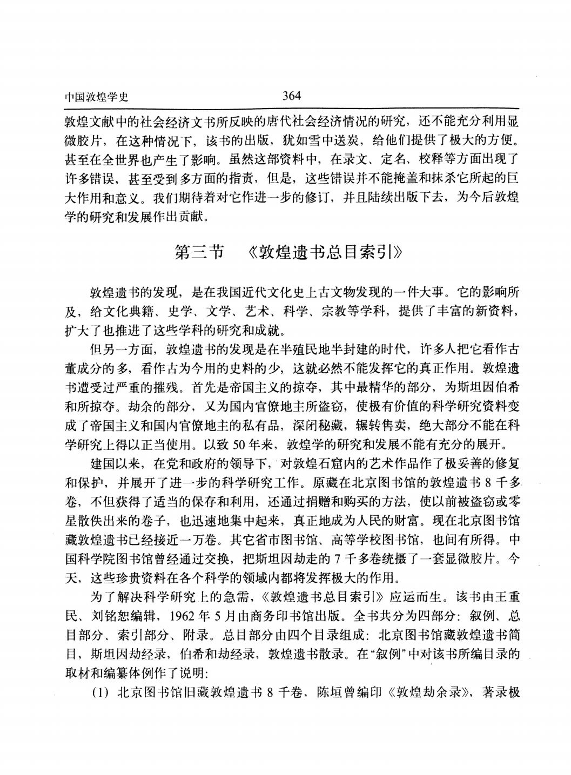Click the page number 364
[x=291, y=96]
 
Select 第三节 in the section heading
[x=199, y=252]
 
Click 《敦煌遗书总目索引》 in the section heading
[x=323, y=252]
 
